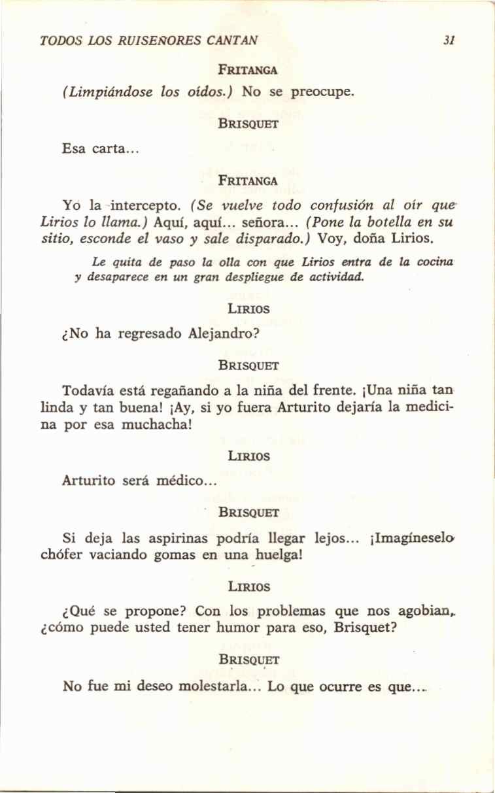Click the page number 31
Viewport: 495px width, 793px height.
click(449, 41)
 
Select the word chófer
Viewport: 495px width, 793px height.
click(61, 555)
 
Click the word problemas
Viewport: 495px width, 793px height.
click(292, 612)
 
